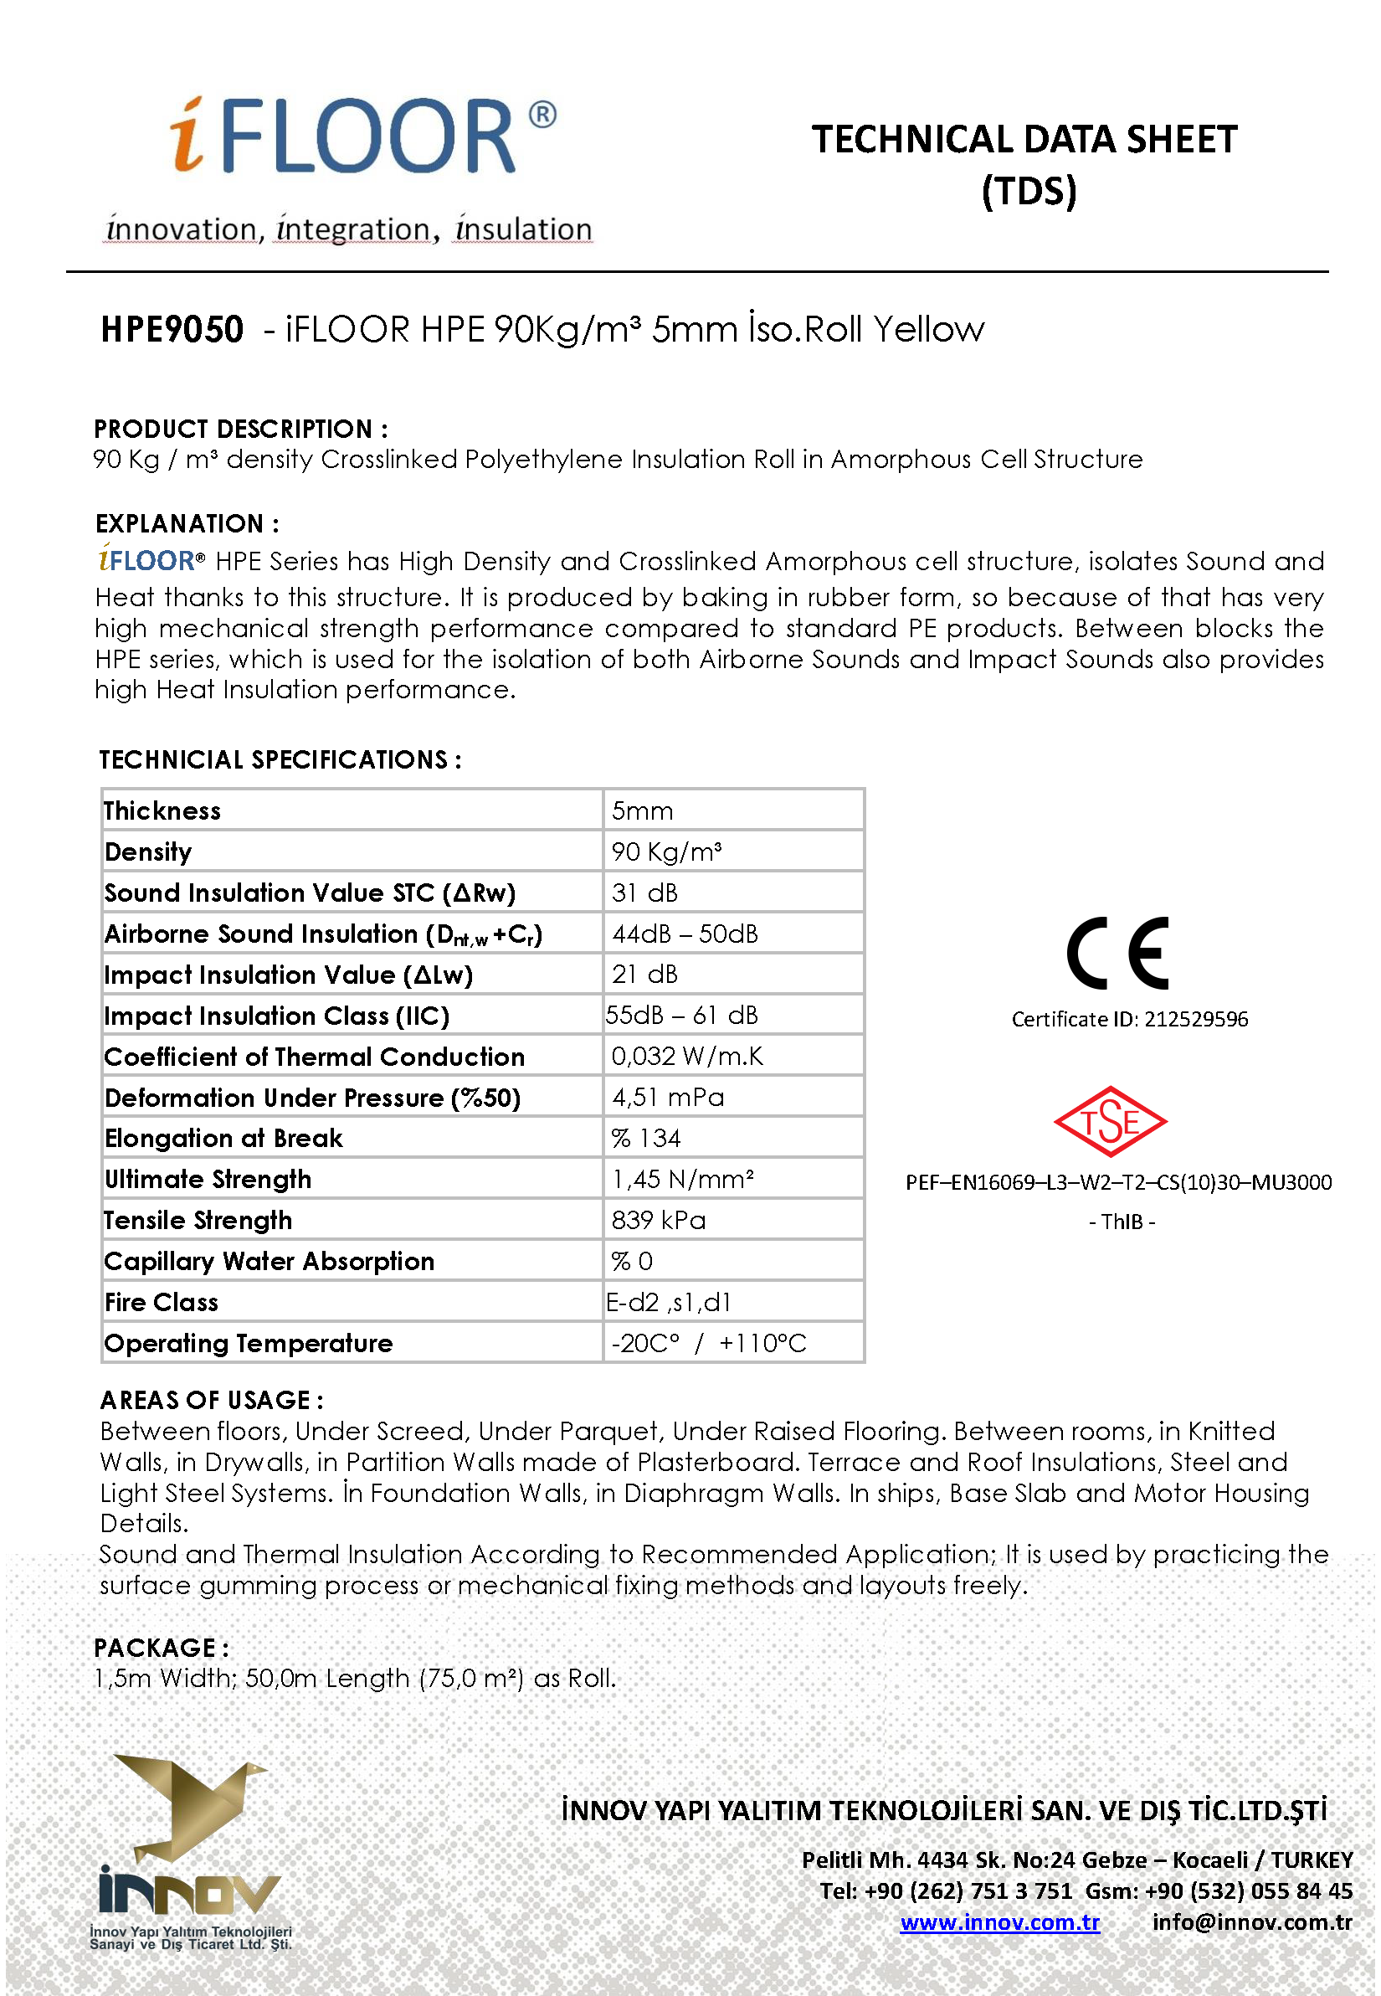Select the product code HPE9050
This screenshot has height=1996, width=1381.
click(172, 330)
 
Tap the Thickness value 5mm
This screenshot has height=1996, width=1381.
click(642, 811)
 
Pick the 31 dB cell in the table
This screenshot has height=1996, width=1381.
click(644, 893)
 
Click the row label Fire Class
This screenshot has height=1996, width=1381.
click(162, 1302)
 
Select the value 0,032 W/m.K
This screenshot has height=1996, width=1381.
click(687, 1056)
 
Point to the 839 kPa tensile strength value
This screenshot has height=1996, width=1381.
click(659, 1220)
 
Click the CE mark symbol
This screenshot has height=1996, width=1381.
click(1118, 953)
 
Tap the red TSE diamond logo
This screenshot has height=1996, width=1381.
click(1110, 1122)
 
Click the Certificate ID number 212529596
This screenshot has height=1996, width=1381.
click(1196, 1019)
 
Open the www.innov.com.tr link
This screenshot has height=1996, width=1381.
click(999, 1922)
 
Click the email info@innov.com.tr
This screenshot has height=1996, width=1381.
click(1251, 1922)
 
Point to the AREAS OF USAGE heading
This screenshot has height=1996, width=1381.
click(212, 1400)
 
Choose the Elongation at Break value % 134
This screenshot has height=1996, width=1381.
click(646, 1138)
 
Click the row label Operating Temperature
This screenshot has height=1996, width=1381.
click(249, 1342)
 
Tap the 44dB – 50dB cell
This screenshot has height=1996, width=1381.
click(685, 933)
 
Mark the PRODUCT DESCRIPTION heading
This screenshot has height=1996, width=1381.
click(240, 429)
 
